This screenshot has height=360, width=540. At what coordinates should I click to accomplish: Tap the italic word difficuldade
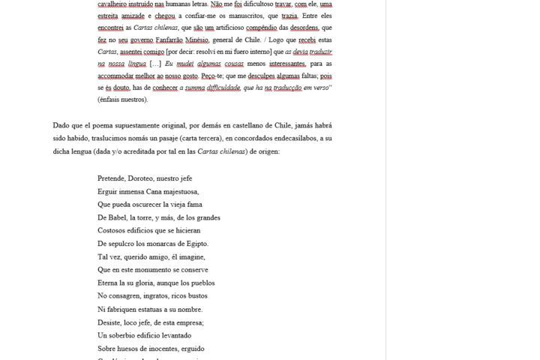215,88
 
